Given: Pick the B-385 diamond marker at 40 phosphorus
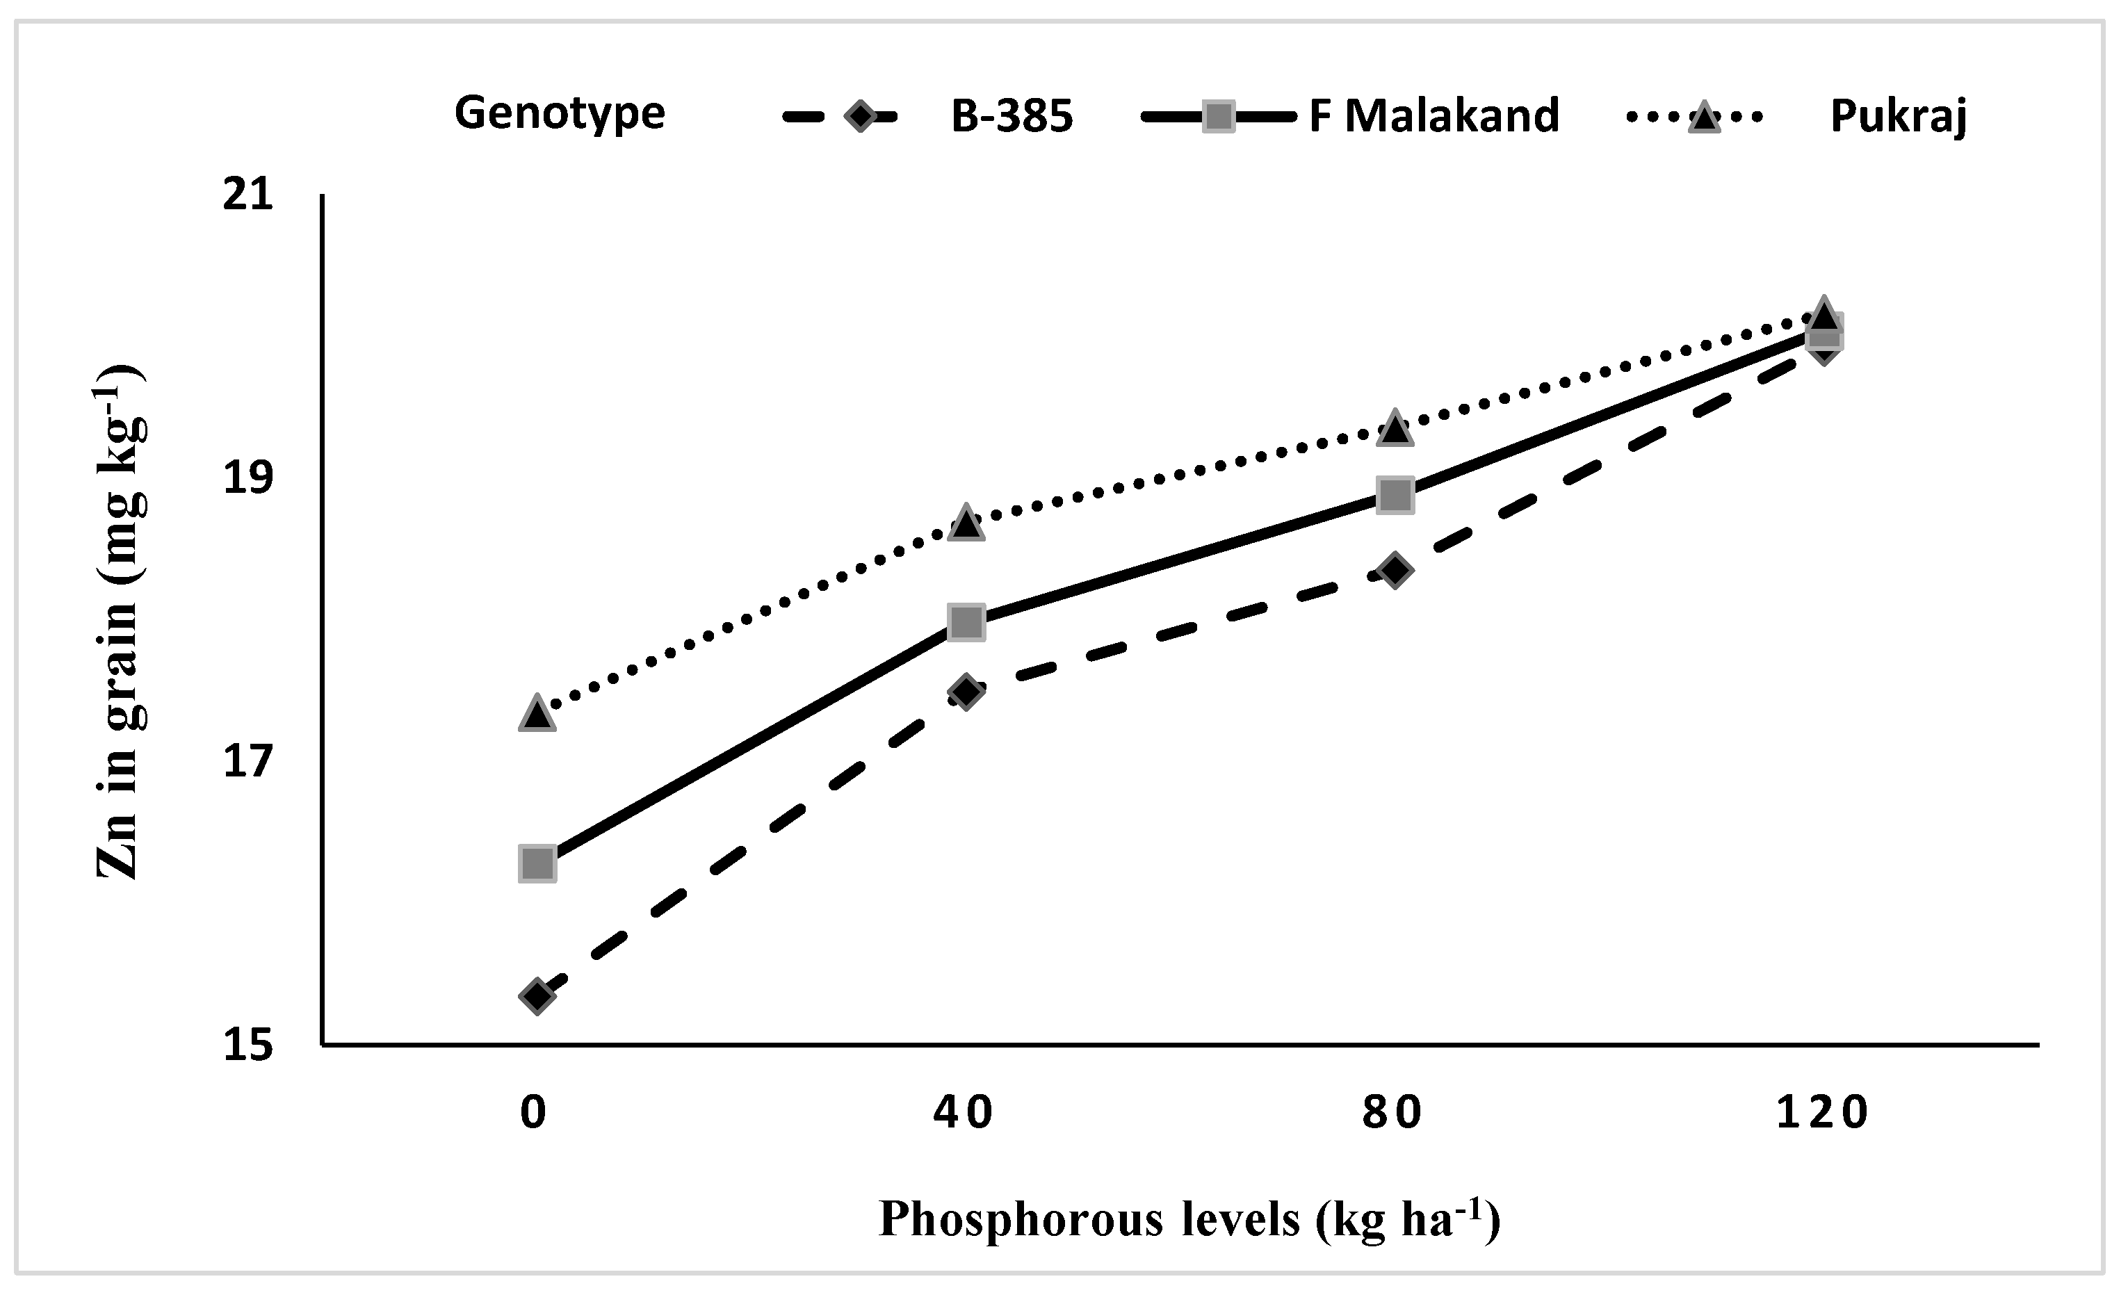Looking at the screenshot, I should click(x=966, y=692).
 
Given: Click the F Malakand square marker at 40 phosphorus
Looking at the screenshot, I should click(x=966, y=621).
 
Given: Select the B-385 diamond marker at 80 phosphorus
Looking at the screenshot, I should click(x=1395, y=570).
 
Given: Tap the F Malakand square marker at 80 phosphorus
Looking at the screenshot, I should click(x=1395, y=495).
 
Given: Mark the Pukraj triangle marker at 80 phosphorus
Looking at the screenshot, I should click(x=1395, y=429).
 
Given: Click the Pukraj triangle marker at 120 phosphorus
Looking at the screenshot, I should click(x=1823, y=313).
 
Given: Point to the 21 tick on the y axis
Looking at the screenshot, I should click(x=248, y=195).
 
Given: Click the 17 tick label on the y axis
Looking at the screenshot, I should click(x=248, y=763).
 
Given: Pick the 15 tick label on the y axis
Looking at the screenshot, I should click(x=248, y=1046).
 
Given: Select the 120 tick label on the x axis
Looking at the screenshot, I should click(x=1821, y=1113).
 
